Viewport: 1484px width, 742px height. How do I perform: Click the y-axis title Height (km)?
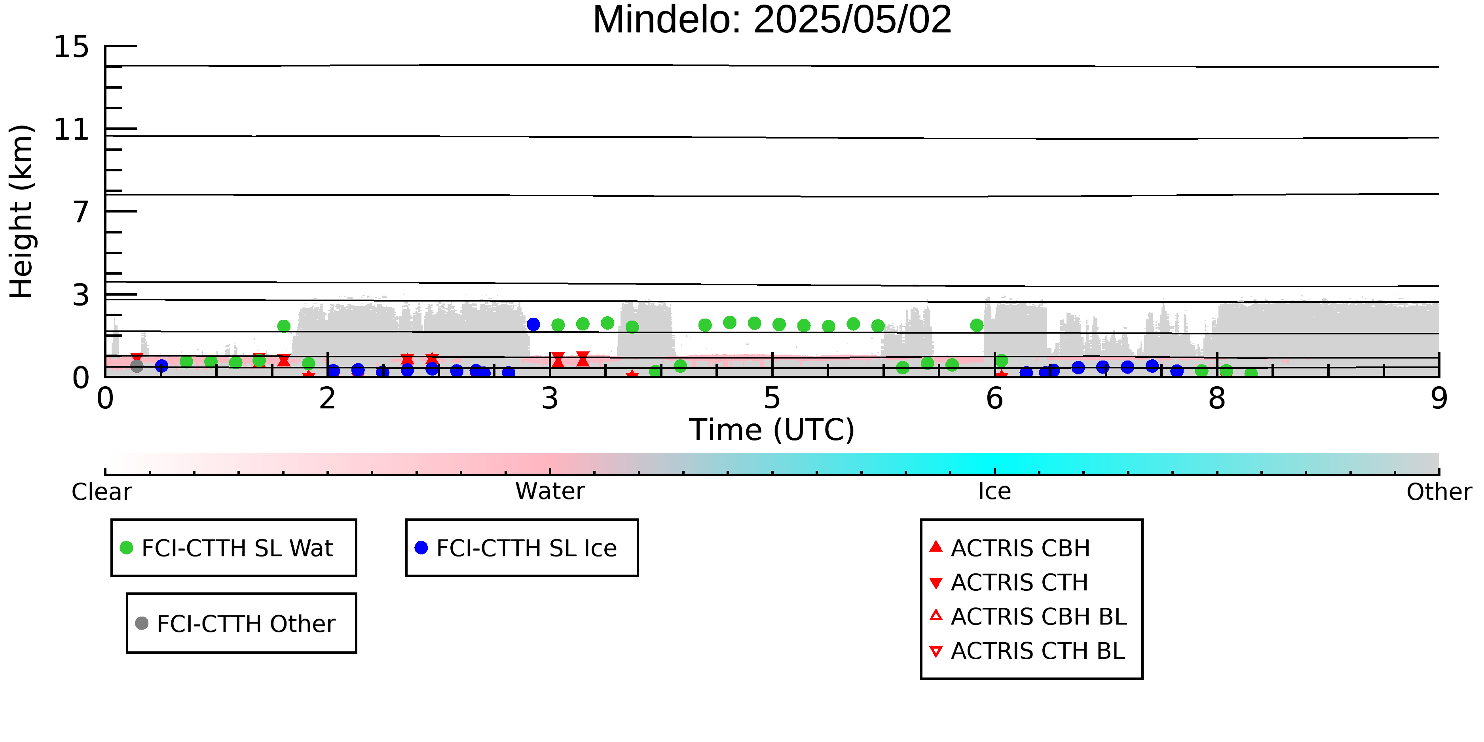22,211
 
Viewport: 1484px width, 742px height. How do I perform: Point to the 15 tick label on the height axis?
72,47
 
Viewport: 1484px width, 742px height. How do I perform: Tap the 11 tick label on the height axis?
72,130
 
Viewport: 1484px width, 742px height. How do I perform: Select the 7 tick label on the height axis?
81,212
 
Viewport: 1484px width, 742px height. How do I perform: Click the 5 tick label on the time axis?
772,399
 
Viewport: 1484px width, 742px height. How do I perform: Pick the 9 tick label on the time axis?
1438,399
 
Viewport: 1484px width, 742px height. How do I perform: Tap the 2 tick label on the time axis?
327,399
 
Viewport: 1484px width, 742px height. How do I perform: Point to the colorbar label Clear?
101,492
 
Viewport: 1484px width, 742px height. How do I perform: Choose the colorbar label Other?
1439,492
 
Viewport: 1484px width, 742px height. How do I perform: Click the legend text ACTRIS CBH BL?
1038,617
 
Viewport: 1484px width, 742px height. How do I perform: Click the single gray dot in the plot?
137,366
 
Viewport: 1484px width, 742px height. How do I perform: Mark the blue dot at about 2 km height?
533,325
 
